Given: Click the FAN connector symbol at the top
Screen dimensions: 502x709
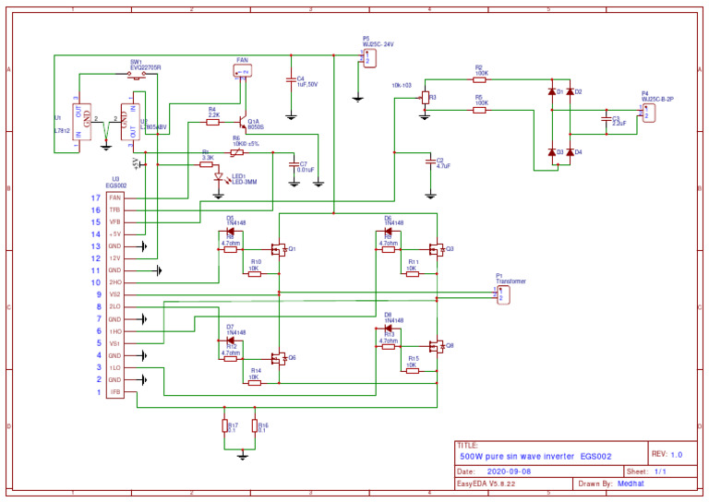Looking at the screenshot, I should pos(244,71).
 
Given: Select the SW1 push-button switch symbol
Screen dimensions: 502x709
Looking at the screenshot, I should pos(139,78).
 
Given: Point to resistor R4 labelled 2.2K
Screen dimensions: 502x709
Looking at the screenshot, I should pos(212,121).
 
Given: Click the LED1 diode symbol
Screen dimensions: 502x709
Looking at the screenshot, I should pos(220,177).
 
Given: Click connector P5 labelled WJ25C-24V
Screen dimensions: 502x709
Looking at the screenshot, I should pos(368,58).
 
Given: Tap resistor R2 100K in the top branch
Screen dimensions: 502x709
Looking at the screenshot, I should pos(479,78).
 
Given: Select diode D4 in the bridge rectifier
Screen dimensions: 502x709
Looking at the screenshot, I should pos(570,152).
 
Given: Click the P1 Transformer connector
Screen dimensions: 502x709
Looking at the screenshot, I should pos(501,294).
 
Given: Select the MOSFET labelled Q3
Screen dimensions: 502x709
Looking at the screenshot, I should pos(437,249).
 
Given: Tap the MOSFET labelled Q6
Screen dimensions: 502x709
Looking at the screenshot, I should pos(279,357).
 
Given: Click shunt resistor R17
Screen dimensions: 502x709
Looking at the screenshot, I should pos(225,425).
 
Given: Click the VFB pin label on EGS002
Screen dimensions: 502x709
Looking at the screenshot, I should pos(114,222).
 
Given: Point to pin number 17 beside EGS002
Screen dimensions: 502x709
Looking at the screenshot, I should pos(95,198).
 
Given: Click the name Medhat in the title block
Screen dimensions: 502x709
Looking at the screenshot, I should pos(631,484).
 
